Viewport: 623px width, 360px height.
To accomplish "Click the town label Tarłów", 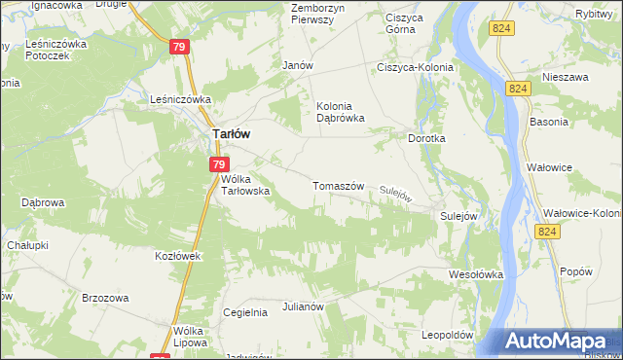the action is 234,137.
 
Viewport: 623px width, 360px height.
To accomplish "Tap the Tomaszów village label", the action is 338,185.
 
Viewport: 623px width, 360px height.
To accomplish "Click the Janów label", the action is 296,65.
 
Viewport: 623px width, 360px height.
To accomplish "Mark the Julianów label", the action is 303,306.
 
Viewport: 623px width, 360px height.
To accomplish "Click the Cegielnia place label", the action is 245,312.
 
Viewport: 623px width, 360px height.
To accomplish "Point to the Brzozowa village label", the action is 106,298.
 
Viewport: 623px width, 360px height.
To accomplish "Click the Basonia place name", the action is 548,123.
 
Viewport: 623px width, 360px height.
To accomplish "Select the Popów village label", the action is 576,271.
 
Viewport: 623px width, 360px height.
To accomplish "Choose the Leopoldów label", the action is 447,335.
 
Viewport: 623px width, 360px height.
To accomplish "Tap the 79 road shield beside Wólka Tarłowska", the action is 219,165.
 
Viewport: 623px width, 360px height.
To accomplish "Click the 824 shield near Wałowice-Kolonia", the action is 548,231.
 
